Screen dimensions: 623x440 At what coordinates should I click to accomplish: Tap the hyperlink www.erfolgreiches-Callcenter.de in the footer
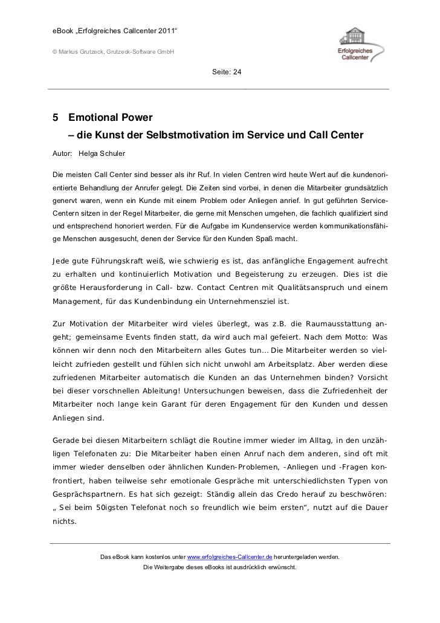(x=230, y=556)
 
